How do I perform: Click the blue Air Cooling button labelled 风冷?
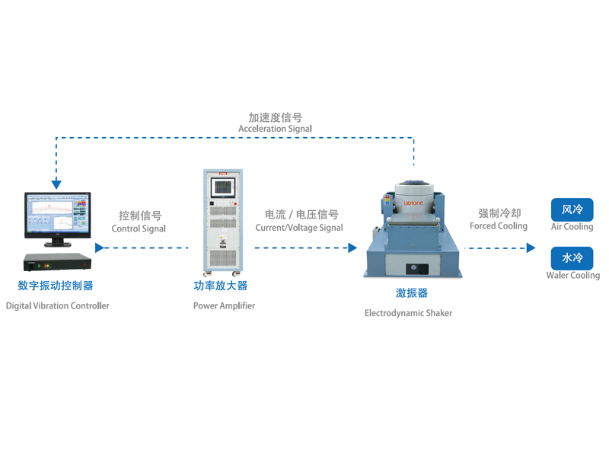(572, 209)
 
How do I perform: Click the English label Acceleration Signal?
(275, 129)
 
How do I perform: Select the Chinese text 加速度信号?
(275, 117)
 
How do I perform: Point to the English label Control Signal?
(139, 228)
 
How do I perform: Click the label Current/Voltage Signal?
(299, 228)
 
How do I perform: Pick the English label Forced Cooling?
(499, 226)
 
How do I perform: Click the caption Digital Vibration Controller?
(58, 306)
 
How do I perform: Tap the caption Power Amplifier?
(224, 306)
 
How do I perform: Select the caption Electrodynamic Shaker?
(408, 313)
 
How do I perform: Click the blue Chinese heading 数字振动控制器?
(56, 286)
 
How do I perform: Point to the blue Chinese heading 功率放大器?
(221, 286)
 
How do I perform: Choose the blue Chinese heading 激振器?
(411, 293)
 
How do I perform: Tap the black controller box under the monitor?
(56, 263)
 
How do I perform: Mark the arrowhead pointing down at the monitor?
(56, 184)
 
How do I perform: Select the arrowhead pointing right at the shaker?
(352, 248)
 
